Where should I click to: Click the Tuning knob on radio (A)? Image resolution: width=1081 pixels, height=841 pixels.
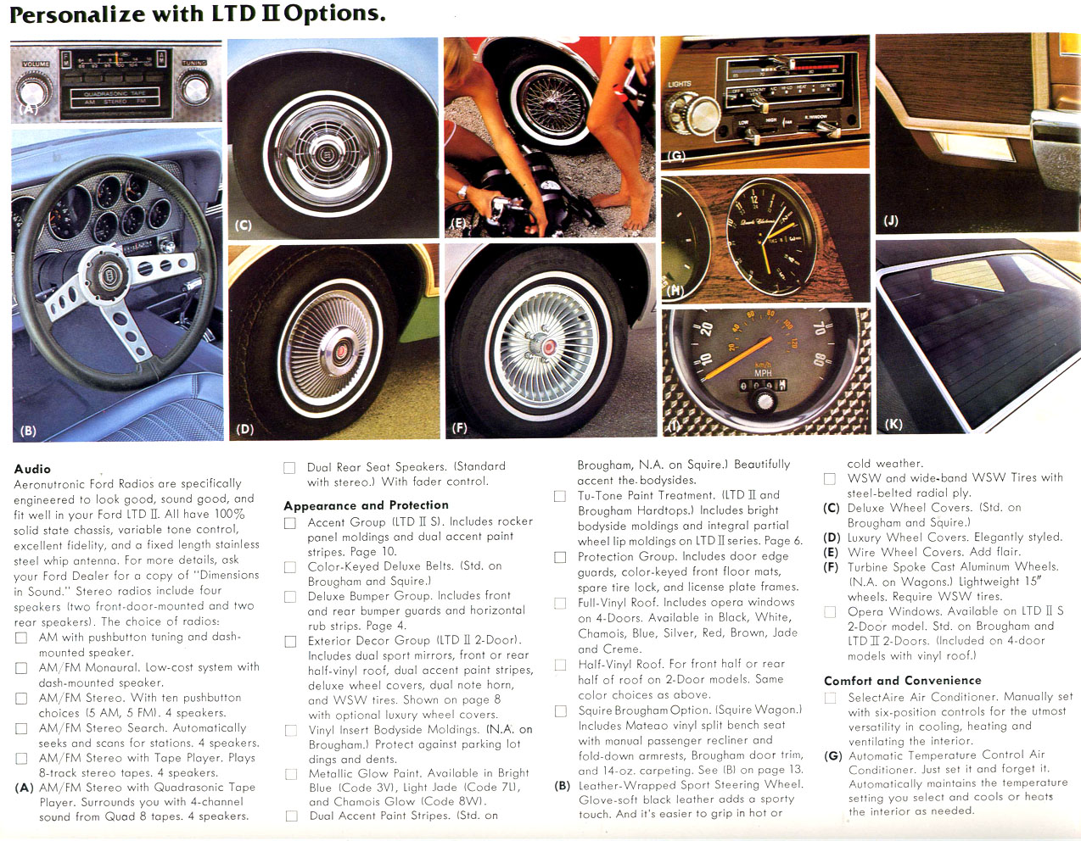(x=195, y=88)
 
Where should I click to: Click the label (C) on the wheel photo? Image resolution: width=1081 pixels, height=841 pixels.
(x=244, y=226)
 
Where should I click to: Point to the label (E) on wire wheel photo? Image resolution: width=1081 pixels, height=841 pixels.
(x=459, y=224)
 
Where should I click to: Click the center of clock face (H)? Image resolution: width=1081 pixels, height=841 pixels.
(x=770, y=237)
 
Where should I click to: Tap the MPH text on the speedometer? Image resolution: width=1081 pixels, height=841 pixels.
(x=763, y=373)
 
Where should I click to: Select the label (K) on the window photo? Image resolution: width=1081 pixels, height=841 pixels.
(x=893, y=424)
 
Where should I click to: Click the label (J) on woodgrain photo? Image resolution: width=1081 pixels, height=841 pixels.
(x=890, y=220)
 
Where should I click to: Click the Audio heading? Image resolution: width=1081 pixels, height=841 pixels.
(x=32, y=469)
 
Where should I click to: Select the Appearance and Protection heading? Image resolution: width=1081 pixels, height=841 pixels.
(x=366, y=505)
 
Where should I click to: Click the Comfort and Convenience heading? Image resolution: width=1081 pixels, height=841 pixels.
(x=902, y=681)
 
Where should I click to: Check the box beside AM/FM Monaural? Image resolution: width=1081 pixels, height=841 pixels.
(x=21, y=669)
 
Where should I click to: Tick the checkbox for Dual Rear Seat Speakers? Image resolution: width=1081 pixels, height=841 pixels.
(x=289, y=468)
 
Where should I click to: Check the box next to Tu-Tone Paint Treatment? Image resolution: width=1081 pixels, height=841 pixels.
(x=560, y=496)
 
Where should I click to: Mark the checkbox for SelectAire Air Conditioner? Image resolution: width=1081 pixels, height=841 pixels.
(x=830, y=698)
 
